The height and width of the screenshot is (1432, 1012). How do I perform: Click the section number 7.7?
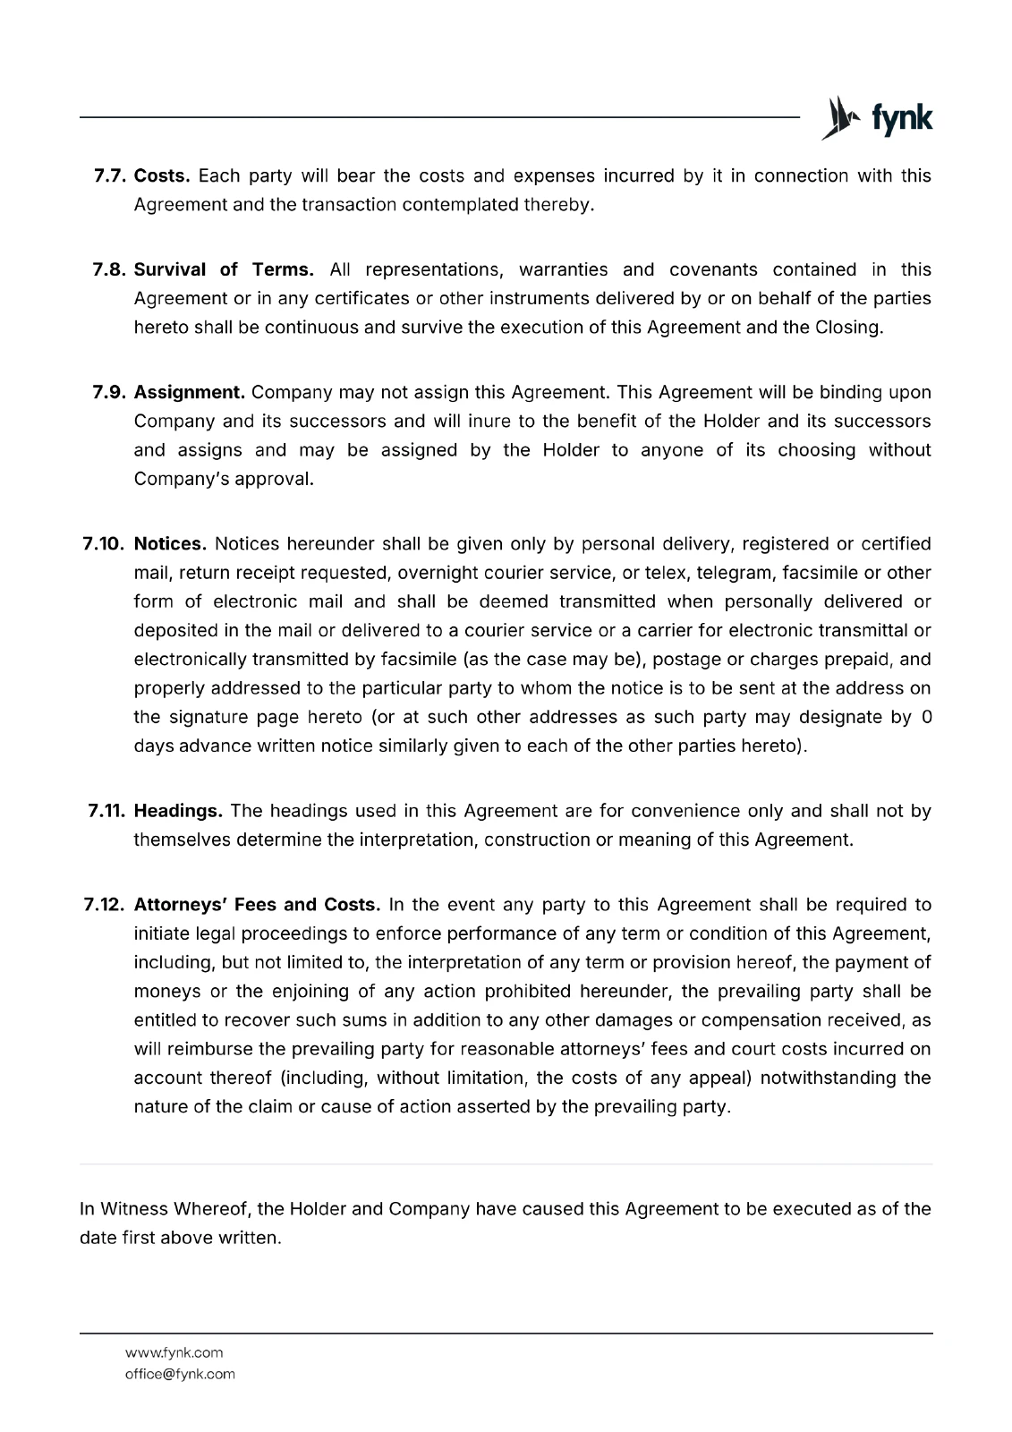[111, 175]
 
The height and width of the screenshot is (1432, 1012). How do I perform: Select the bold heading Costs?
[162, 175]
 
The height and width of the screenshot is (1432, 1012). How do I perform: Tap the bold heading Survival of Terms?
[224, 269]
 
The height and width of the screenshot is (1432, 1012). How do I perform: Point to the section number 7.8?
[111, 269]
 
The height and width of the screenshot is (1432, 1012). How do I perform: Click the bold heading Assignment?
[190, 392]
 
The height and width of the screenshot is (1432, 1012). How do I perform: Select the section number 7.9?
[111, 392]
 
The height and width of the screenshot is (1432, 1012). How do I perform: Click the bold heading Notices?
[170, 543]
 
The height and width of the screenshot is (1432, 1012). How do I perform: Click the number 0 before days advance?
[926, 717]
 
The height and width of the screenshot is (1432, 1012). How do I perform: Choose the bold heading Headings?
[178, 811]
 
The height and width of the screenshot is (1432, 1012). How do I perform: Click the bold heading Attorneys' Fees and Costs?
[258, 904]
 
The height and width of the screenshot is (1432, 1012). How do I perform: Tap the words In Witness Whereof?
[165, 1209]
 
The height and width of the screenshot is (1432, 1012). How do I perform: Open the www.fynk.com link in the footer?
[174, 1352]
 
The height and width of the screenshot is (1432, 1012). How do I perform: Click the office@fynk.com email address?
[180, 1374]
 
